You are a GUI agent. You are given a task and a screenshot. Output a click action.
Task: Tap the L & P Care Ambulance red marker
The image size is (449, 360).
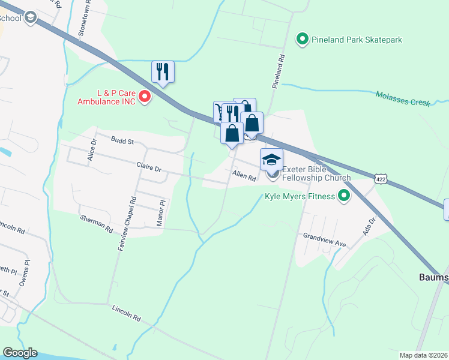click(144, 96)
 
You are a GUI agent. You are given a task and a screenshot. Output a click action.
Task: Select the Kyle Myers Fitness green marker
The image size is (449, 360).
click(344, 196)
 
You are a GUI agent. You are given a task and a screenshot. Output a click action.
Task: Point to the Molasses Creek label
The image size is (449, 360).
click(403, 98)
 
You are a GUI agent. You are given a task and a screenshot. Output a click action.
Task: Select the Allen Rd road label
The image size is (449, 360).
click(244, 177)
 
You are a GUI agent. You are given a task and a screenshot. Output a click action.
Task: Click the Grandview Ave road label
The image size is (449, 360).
click(325, 240)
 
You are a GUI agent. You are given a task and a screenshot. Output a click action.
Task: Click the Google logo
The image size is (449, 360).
click(20, 353)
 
